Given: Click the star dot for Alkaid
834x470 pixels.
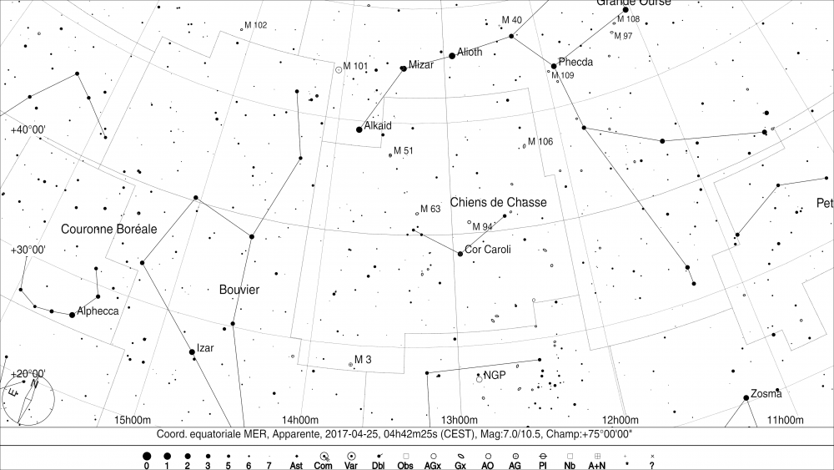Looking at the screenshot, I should [x=359, y=129].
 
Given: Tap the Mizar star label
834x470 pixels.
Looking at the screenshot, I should [x=421, y=64].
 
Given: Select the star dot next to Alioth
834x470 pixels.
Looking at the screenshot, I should [x=452, y=56].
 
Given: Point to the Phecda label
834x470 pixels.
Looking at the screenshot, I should [x=575, y=63].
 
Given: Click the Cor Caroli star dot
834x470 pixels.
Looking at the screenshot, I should [x=460, y=254].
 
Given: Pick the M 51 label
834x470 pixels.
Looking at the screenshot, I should [x=403, y=150].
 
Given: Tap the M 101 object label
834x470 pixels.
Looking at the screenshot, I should [x=355, y=66].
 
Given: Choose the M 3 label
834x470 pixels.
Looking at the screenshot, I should [x=363, y=360].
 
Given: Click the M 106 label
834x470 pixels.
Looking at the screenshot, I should [x=540, y=142].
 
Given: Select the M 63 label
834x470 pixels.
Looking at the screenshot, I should [x=430, y=209].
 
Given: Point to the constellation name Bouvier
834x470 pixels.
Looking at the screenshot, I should [x=239, y=290].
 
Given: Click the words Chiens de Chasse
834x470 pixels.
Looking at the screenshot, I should [x=498, y=202].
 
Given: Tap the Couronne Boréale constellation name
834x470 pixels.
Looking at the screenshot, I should [x=109, y=229].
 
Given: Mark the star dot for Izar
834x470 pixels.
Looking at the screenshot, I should [x=193, y=352].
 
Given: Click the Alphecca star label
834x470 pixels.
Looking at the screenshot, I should [x=98, y=311].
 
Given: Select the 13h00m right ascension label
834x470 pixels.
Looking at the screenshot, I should [x=460, y=419].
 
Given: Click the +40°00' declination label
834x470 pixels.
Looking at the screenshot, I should [x=28, y=129].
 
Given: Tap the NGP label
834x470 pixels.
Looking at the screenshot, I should [x=495, y=375].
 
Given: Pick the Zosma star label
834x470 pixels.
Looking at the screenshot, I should [x=766, y=393].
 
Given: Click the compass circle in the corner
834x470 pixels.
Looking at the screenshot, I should [x=29, y=399].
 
